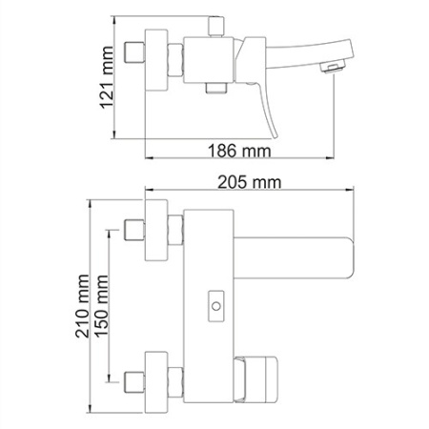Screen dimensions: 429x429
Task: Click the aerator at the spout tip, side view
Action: coord(332,66)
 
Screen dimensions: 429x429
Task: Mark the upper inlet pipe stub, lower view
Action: coord(136,231)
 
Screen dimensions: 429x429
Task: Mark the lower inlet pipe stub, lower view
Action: coord(136,375)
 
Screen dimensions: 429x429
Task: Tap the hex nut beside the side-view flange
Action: coord(175,60)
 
